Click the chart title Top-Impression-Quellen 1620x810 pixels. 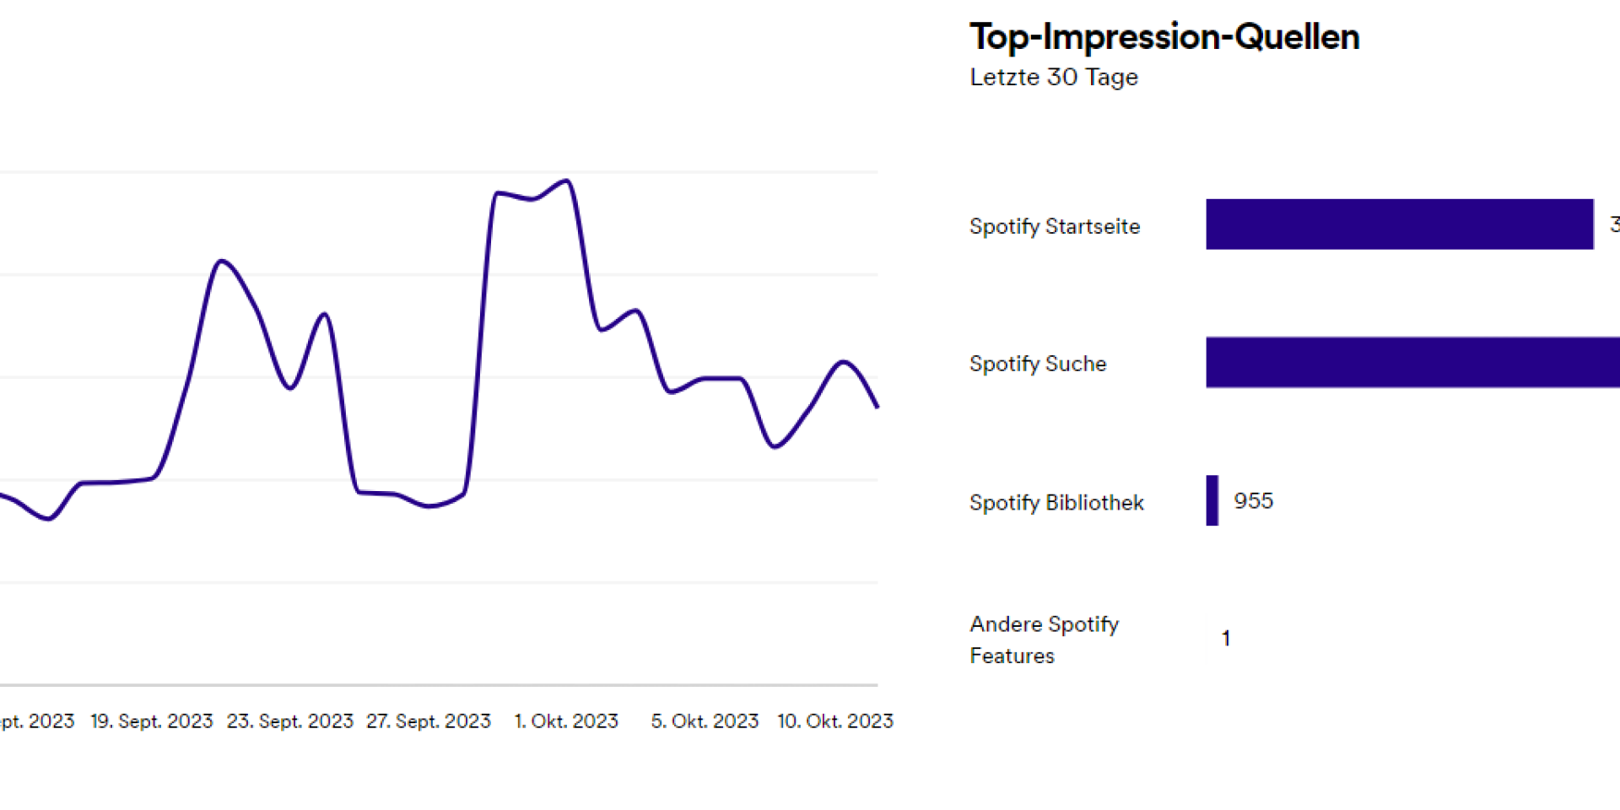point(1164,37)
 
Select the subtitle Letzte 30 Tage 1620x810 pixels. point(1054,78)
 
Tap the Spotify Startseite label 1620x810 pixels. point(1055,226)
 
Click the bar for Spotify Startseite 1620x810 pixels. point(1399,224)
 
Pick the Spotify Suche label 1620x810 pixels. point(1038,364)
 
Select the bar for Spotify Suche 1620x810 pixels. point(1412,363)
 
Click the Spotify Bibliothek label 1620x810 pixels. point(1056,503)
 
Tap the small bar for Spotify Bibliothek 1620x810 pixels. point(1212,500)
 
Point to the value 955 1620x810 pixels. point(1253,501)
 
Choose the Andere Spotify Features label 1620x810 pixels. point(1045,640)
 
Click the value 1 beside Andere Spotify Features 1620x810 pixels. point(1226,639)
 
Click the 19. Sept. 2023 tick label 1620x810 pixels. point(152,721)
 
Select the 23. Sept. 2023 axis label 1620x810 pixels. point(289,721)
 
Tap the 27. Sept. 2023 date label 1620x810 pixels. point(429,721)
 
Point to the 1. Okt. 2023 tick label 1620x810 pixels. point(566,721)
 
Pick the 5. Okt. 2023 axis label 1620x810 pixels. point(705,721)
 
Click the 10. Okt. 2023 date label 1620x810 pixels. point(835,721)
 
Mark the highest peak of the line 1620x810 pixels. point(567,181)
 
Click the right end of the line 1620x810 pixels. point(877,407)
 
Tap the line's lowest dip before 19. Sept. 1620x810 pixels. point(48,519)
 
